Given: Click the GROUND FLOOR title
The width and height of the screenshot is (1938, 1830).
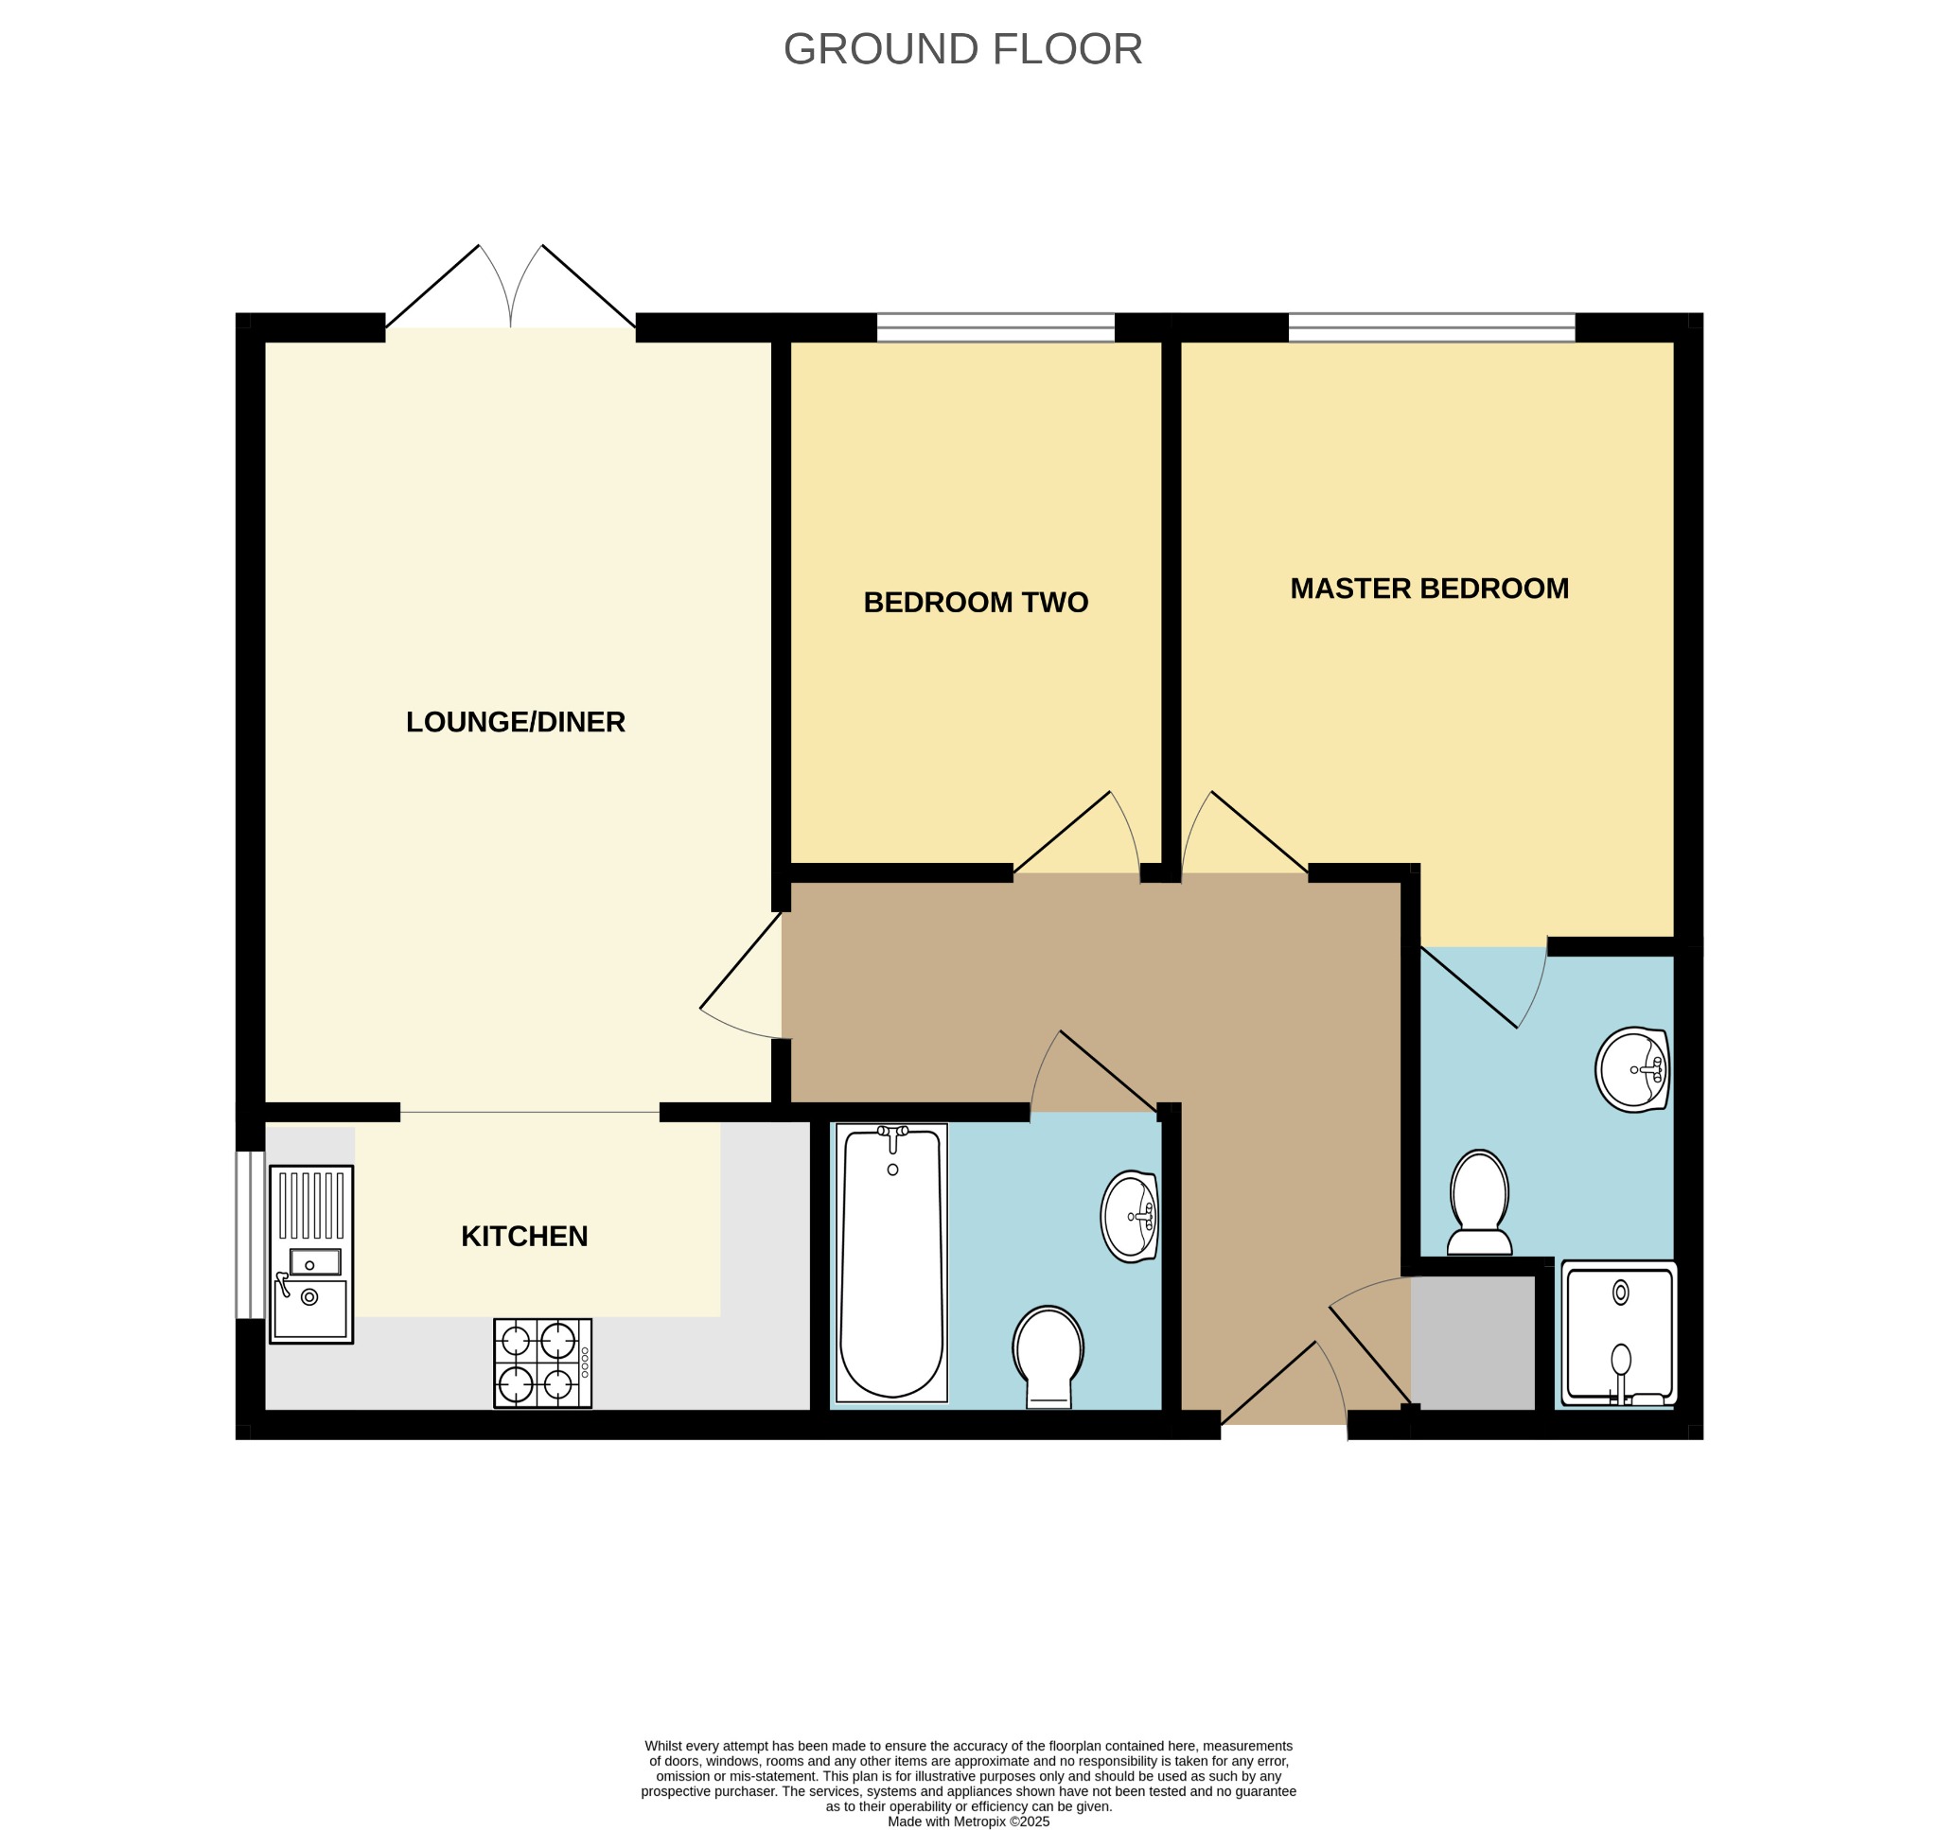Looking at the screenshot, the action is coord(962,49).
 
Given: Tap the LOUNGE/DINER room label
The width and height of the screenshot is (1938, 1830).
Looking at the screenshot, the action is coord(515,722).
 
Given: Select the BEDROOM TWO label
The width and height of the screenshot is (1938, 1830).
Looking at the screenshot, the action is coord(976,602).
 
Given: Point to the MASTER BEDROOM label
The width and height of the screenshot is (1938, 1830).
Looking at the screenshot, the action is coord(1429,589).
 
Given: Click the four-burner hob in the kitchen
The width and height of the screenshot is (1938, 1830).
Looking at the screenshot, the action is coord(542,1363).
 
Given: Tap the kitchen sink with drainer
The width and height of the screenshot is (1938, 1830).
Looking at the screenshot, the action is coord(311,1255).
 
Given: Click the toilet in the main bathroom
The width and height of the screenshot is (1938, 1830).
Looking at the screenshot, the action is coord(1048,1357).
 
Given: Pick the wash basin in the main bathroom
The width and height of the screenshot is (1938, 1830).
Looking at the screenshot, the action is coord(1130,1217).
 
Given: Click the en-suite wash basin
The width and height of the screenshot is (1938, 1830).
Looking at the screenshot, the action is coord(1632,1069).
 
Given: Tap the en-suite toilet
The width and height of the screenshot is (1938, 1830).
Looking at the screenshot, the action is coord(1480,1202).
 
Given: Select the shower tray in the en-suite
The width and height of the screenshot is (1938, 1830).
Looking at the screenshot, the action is coord(1619,1333).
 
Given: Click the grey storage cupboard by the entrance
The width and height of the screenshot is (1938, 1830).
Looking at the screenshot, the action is coord(1472,1343).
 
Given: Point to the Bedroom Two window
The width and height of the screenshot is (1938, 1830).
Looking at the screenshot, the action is coord(995,327).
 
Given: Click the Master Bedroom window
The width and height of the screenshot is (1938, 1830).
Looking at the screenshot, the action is coord(1432,327).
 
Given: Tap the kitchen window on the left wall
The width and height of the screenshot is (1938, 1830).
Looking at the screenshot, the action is coord(251,1235).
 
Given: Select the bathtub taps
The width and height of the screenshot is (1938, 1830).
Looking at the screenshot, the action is coord(892,1133).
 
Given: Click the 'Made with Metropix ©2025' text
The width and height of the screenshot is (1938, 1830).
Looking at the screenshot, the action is coord(968,1821).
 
